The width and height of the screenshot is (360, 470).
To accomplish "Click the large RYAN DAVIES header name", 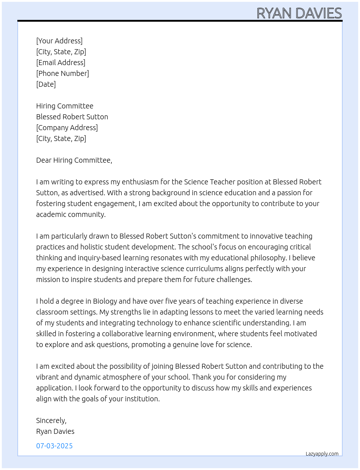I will pos(299,13).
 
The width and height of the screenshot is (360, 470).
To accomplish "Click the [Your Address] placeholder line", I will pos(59,41).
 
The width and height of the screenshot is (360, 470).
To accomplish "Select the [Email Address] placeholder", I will pos(61,63).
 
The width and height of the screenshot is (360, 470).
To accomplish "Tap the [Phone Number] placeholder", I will pos(63,73).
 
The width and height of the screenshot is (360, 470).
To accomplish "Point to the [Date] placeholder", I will pos(46,84).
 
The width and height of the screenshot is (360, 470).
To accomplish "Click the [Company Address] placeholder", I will pos(67,128).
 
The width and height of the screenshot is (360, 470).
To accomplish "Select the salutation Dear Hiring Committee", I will pos(74,160).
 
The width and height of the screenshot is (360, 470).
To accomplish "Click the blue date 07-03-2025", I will pos(54,446).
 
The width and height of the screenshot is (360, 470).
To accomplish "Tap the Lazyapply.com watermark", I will pos(322,454).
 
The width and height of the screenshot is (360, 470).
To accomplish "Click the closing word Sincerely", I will pos(51,420).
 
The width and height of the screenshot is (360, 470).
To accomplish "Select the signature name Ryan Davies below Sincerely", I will pos(55,431).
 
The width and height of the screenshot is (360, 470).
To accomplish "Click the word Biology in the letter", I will pos(105,301).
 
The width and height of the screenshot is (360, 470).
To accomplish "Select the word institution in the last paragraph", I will pos(141,399).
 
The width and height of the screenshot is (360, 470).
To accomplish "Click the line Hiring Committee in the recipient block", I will pos(65,106).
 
